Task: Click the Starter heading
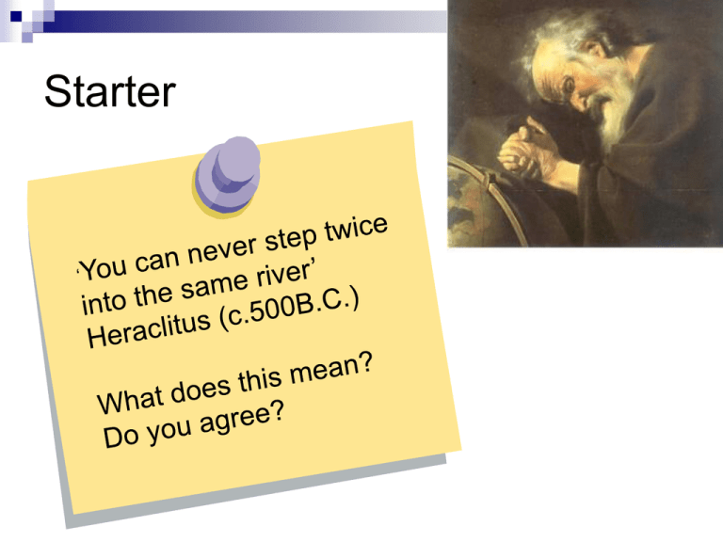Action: (110, 91)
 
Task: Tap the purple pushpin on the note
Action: (227, 177)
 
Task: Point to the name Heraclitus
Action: (149, 328)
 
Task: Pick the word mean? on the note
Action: (331, 369)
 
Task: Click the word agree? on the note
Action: (242, 420)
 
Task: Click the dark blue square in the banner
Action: (16, 16)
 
